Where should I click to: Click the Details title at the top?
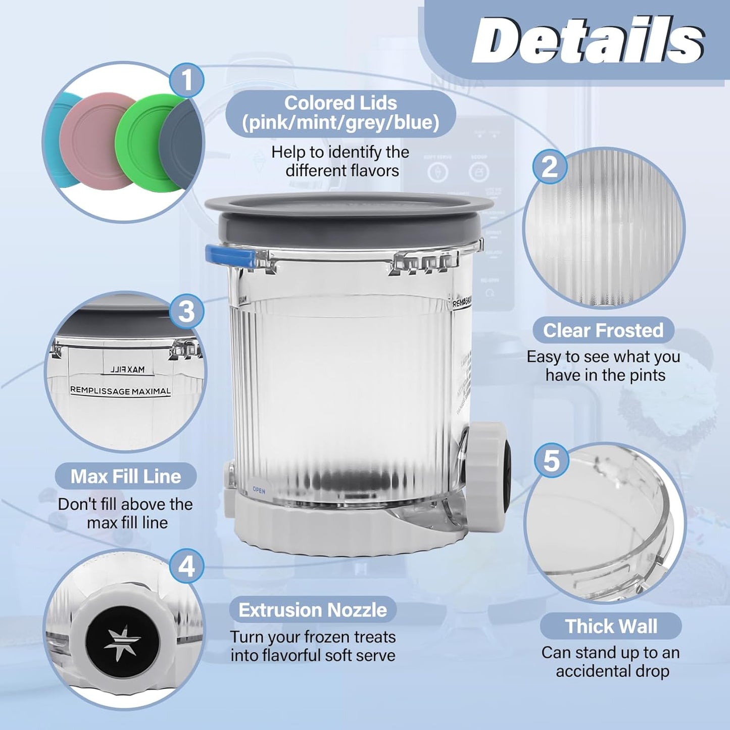tap(588, 40)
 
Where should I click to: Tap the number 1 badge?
tap(187, 80)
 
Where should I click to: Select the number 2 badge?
tap(550, 166)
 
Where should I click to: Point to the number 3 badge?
tap(186, 311)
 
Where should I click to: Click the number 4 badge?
tap(186, 566)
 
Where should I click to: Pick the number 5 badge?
tap(551, 460)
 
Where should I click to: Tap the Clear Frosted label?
tap(603, 330)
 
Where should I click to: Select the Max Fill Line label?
tap(125, 476)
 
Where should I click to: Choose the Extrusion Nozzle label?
tap(313, 610)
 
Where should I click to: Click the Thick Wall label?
tap(611, 626)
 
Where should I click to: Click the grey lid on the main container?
tap(349, 217)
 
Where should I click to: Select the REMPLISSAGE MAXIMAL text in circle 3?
tap(120, 391)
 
